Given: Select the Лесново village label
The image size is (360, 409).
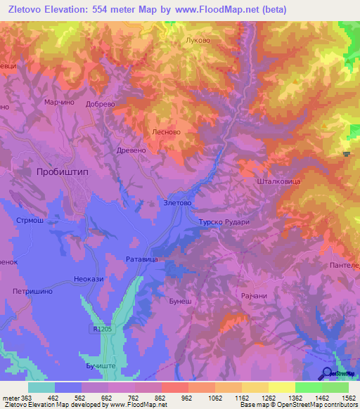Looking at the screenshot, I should (167, 131).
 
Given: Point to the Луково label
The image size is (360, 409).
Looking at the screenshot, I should (197, 40).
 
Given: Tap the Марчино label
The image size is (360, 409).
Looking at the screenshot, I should (60, 102).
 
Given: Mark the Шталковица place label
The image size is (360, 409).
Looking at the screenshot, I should (280, 181).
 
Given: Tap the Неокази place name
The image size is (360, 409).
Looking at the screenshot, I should (89, 279).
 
